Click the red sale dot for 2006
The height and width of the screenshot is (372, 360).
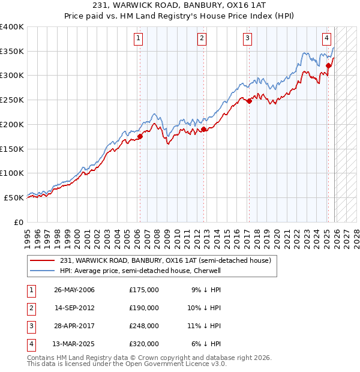(140, 136)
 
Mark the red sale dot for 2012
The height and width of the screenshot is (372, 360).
(203, 129)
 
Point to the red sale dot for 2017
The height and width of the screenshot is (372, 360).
(250, 101)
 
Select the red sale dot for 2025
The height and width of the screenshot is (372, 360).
(328, 65)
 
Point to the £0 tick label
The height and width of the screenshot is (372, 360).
(18, 222)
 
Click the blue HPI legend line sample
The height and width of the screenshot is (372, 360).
(42, 271)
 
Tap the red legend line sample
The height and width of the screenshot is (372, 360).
(42, 260)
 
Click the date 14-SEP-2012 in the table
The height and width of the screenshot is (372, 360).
(74, 308)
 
